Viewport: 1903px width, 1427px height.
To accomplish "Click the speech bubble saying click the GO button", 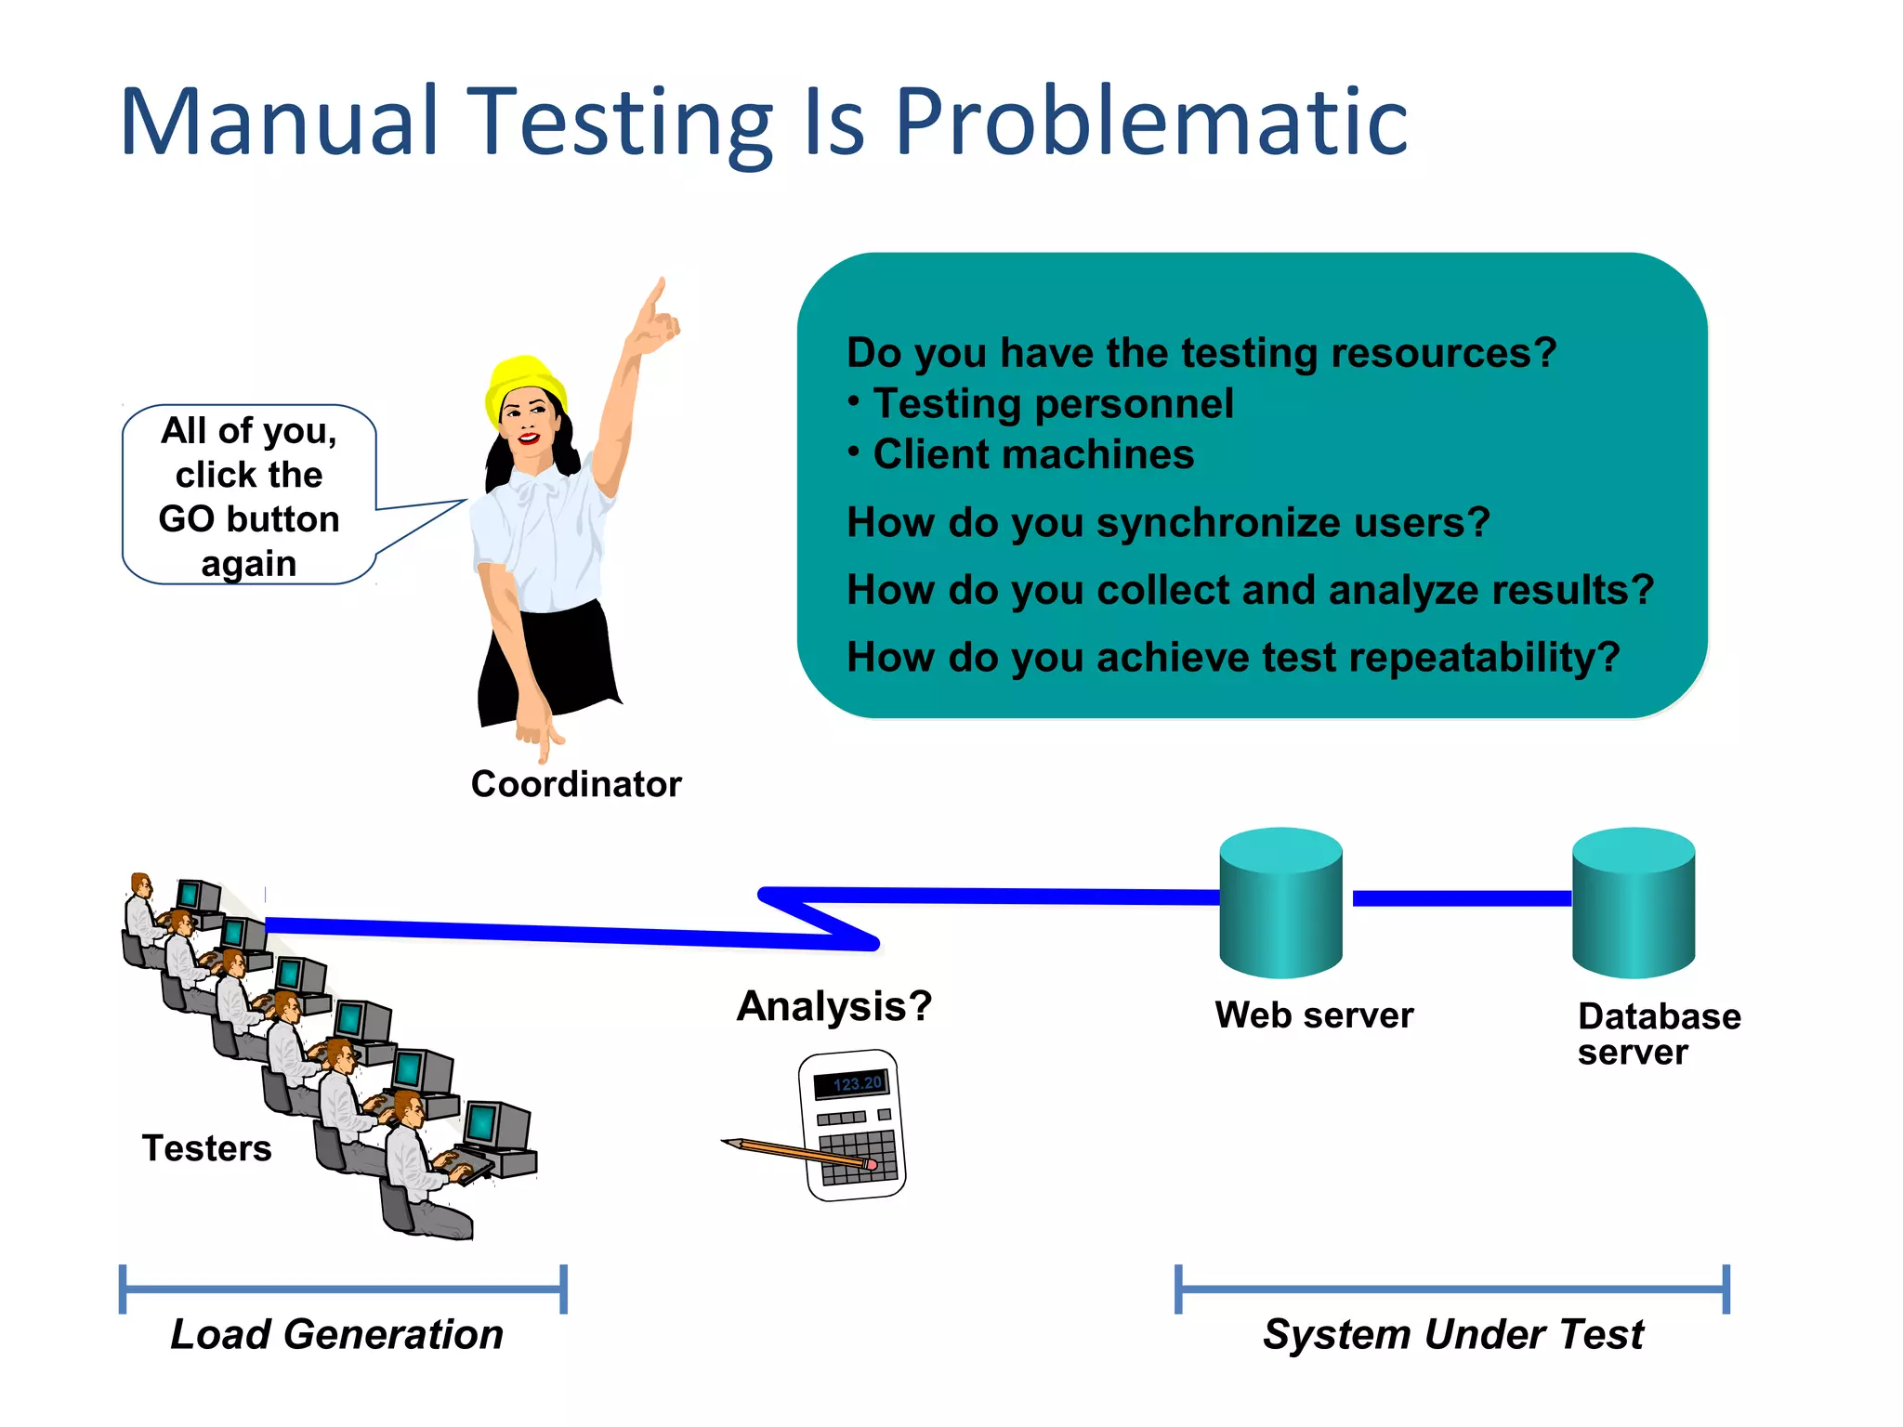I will [249, 495].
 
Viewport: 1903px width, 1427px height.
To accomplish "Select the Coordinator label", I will [576, 784].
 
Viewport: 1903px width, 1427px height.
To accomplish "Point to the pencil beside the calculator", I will [790, 1152].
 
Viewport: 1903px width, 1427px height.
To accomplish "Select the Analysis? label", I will [833, 1006].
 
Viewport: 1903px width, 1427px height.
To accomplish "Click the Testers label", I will [206, 1148].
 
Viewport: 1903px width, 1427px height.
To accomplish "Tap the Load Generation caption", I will [336, 1334].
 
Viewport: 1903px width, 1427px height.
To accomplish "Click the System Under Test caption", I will [1452, 1334].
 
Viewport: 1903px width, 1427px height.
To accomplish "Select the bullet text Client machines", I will [1033, 454].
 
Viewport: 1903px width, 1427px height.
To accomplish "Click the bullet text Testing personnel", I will [1053, 403].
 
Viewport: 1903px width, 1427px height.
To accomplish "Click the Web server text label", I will [1314, 1015].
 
